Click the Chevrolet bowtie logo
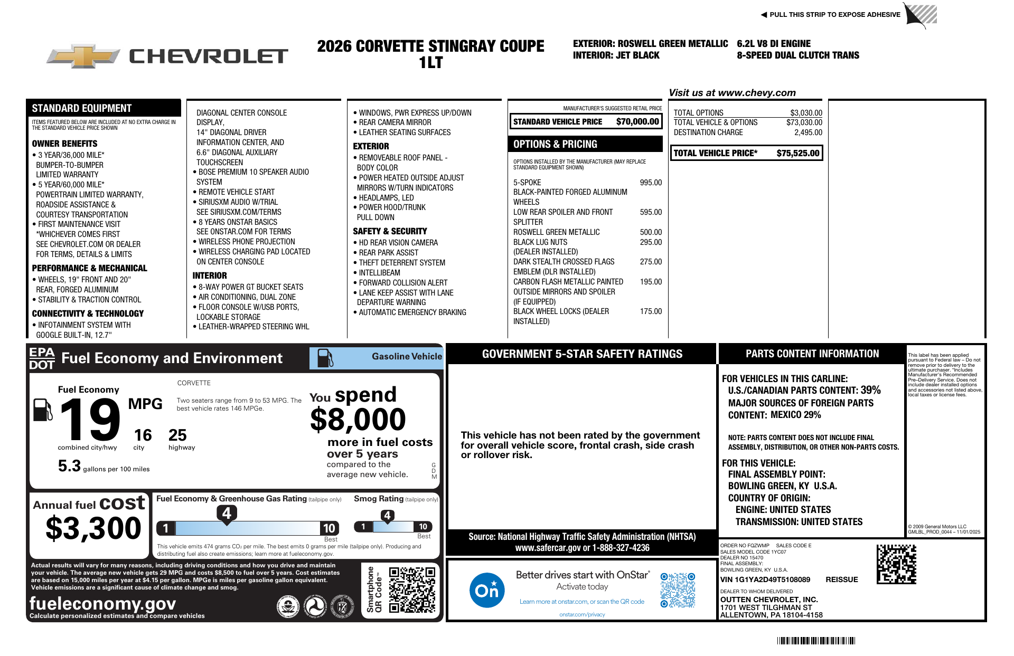(83, 55)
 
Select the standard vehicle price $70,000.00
(637, 122)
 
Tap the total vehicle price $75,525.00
(797, 154)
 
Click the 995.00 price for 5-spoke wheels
(651, 183)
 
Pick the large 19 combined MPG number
(90, 420)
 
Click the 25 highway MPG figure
(177, 435)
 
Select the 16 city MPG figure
(143, 435)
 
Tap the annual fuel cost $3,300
(93, 528)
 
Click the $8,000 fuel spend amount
(358, 420)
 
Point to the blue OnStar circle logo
(486, 590)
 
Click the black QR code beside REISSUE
(896, 564)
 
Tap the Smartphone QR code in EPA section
(412, 590)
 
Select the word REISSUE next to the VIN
(841, 579)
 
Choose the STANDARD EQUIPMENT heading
(81, 108)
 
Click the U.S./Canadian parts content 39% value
(870, 390)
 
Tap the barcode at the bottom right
(816, 641)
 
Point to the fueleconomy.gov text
(102, 603)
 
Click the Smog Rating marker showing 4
(387, 516)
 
